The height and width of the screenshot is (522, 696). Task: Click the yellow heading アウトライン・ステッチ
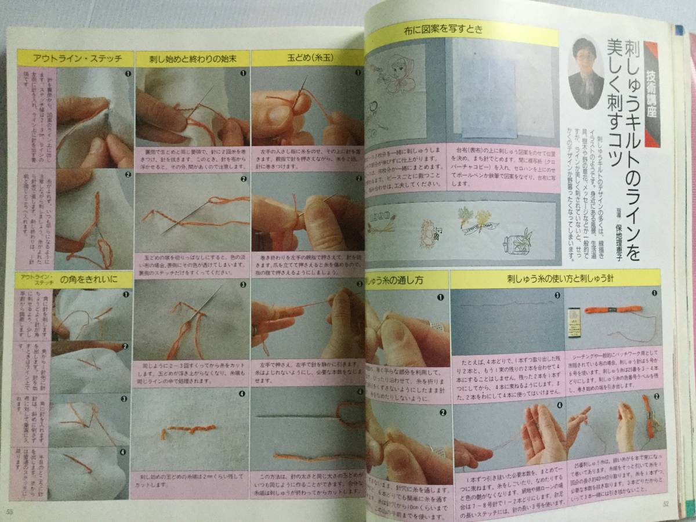74,59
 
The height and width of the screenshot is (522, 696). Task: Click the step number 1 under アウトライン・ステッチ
127,74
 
